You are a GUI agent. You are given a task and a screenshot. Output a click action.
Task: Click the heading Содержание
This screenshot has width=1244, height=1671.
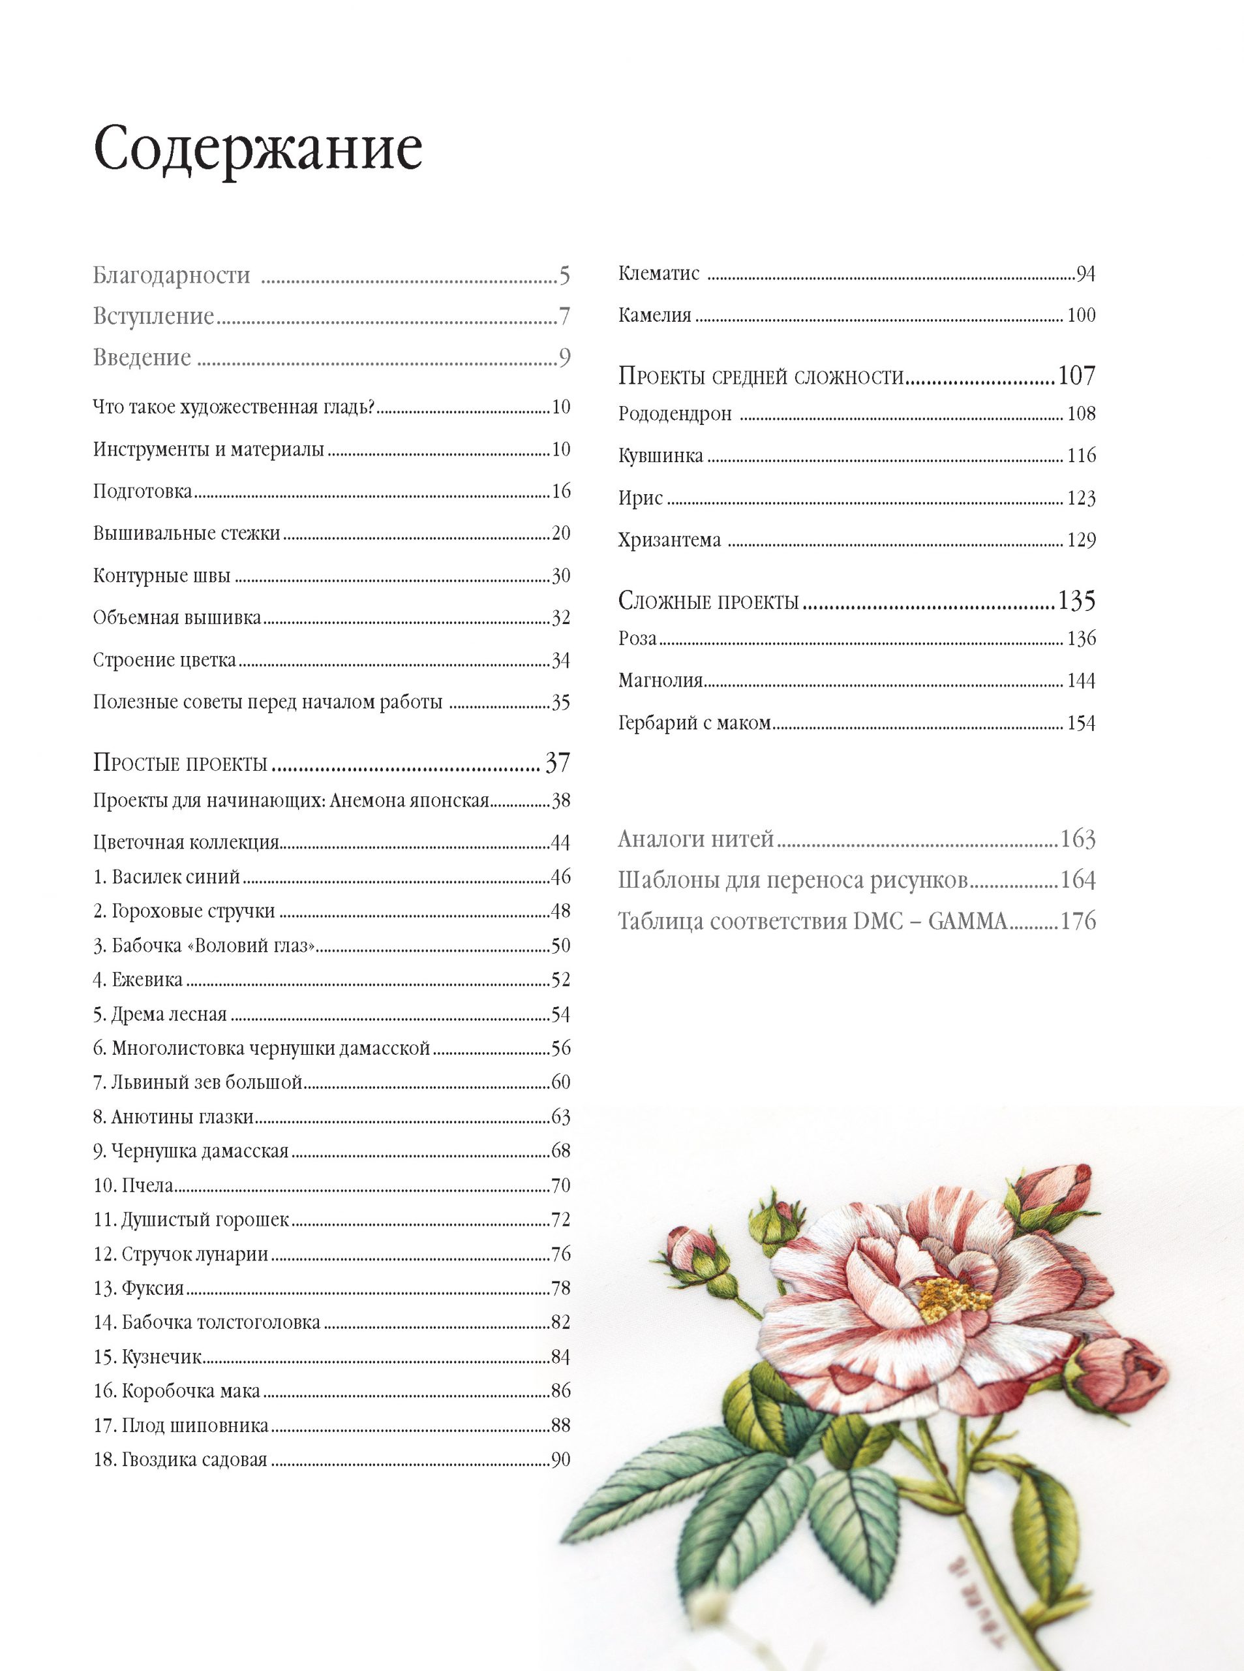[x=258, y=150]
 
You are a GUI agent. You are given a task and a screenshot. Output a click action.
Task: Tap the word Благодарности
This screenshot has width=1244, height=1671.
[x=172, y=275]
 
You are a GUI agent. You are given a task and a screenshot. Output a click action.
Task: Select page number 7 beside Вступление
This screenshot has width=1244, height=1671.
[x=564, y=317]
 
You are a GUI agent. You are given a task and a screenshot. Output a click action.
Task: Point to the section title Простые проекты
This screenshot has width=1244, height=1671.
[x=181, y=763]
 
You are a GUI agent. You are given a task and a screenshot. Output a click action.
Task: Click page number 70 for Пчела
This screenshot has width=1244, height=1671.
[x=560, y=1186]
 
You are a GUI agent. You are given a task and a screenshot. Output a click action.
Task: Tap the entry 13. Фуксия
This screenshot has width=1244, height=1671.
[x=138, y=1288]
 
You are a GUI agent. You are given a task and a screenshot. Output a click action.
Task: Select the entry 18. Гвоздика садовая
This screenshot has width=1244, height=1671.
[x=181, y=1460]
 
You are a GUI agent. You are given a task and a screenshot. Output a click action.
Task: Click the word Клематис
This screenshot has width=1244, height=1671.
[x=659, y=273]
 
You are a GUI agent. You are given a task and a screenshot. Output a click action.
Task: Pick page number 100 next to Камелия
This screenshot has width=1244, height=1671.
[x=1081, y=316]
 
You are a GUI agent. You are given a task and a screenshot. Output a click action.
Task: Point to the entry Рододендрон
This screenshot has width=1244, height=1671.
[x=675, y=414]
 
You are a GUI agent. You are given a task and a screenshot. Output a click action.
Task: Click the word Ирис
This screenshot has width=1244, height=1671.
[x=641, y=498]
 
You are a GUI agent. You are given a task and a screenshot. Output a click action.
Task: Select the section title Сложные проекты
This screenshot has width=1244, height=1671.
[x=708, y=601]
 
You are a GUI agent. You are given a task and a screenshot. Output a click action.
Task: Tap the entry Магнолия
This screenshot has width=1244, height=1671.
[x=660, y=681]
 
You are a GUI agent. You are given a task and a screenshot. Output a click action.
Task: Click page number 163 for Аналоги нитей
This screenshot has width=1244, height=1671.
[x=1077, y=839]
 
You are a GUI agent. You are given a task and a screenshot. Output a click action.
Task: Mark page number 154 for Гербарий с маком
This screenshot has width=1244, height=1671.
[x=1081, y=724]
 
